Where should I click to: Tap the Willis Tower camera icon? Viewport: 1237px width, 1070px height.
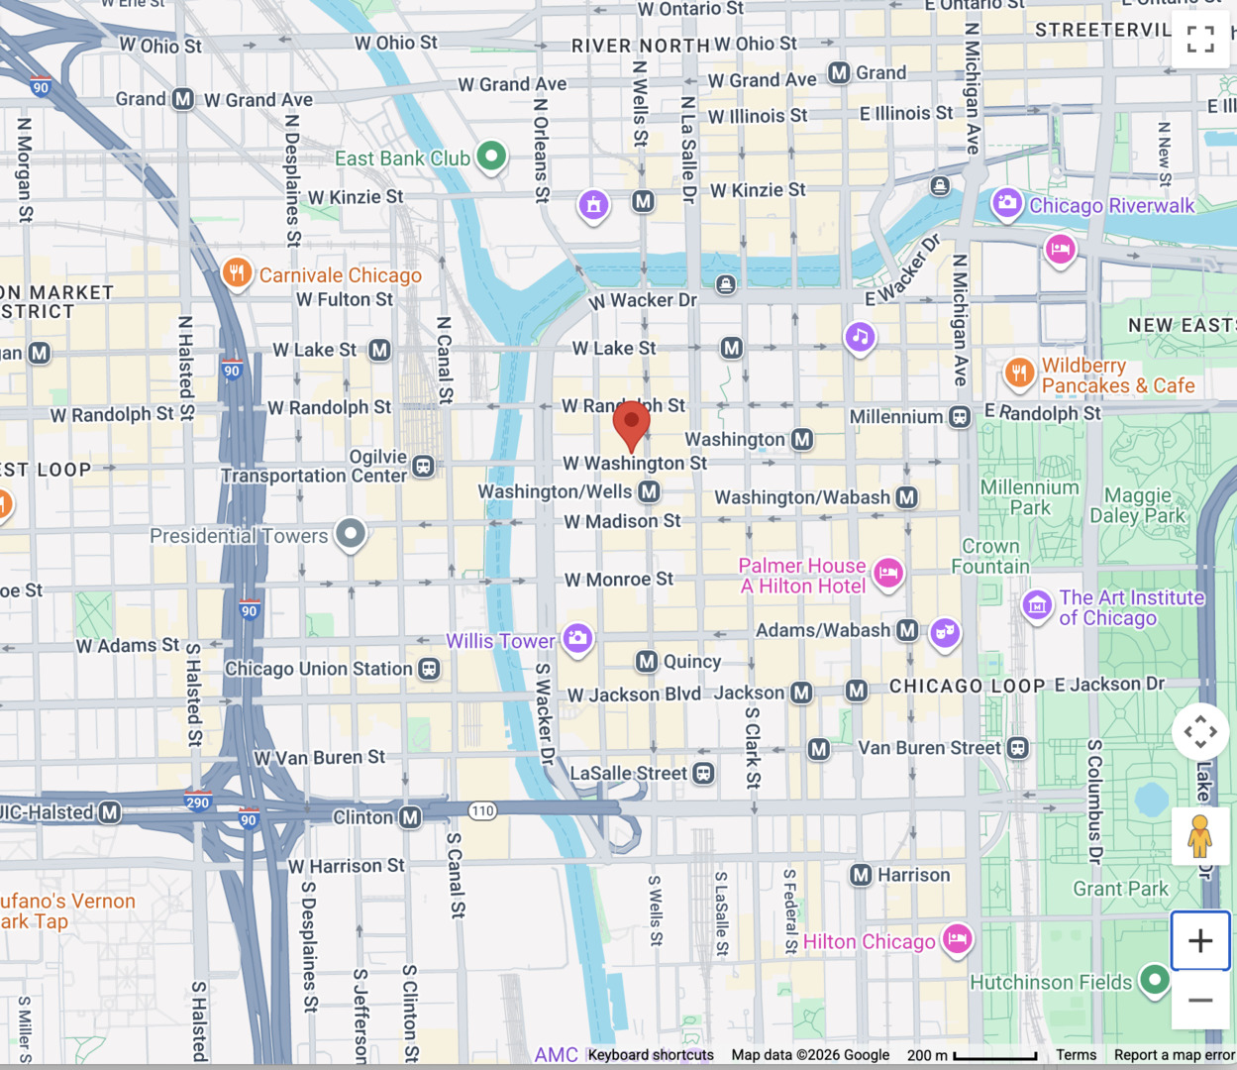pos(578,639)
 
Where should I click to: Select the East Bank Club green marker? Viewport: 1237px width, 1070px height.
pos(491,156)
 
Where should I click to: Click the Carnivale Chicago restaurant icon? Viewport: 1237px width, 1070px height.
pos(237,272)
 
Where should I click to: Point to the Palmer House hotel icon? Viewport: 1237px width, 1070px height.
pos(888,572)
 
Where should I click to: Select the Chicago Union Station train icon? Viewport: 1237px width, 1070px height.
pos(429,669)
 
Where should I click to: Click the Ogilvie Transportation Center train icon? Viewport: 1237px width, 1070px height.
pos(423,466)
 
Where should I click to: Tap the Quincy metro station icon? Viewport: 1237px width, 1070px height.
pos(647,661)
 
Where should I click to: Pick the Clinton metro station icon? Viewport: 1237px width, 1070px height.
pos(410,817)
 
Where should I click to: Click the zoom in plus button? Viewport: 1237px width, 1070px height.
pos(1200,940)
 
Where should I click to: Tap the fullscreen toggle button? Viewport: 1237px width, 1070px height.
pos(1200,39)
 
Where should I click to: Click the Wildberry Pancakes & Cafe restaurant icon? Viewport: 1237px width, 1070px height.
pos(1019,373)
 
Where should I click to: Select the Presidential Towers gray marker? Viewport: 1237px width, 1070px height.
pos(351,533)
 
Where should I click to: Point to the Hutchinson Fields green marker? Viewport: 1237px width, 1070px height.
pos(1154,980)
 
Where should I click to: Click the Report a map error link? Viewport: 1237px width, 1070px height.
pos(1174,1055)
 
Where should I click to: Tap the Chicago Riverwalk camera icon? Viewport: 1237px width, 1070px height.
pos(1007,203)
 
